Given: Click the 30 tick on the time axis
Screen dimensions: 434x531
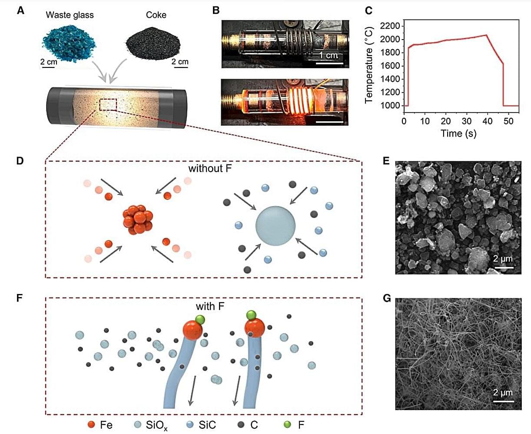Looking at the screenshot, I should tap(467, 121).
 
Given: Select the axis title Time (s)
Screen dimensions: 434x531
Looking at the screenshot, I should tap(459, 133).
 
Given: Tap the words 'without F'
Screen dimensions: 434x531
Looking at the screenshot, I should tap(210, 169).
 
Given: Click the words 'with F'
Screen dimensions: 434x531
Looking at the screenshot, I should tap(210, 306).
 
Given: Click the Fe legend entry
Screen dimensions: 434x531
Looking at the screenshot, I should tap(100, 424).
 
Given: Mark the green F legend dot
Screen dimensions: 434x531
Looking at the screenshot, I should tap(286, 424).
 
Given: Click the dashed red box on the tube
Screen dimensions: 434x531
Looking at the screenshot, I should tap(108, 105).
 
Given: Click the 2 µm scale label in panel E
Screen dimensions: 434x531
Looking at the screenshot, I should tap(503, 259).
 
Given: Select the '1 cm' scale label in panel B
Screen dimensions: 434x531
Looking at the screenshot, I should tap(328, 55).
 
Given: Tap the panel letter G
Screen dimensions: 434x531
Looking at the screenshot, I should tap(387, 298).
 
